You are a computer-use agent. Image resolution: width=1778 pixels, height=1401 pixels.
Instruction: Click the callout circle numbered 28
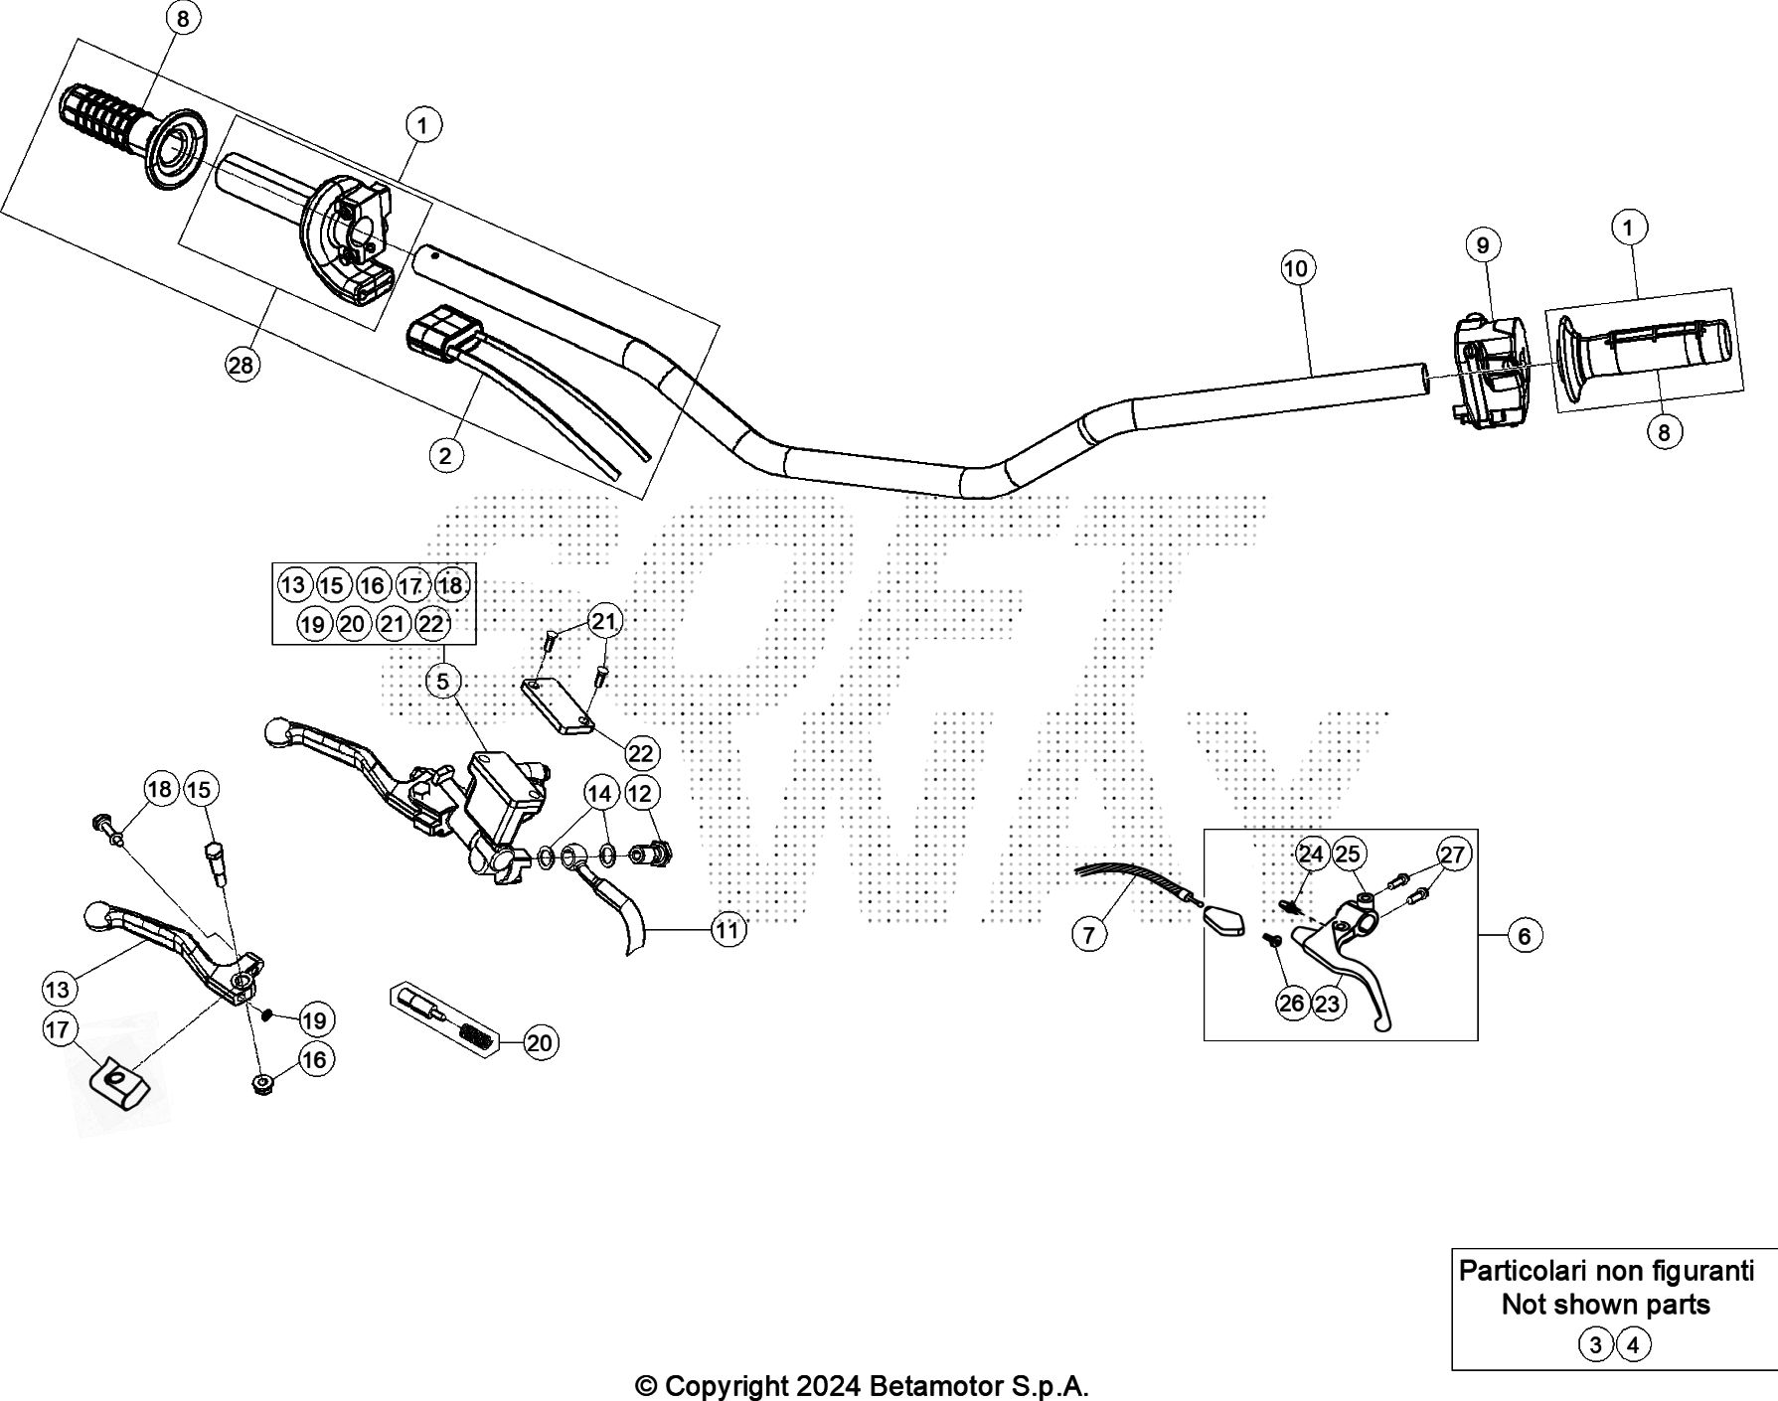pyautogui.click(x=241, y=366)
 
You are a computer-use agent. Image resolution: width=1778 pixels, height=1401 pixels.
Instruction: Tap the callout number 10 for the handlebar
pyautogui.click(x=1296, y=268)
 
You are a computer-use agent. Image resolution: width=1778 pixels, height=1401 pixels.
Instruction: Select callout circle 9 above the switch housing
pyautogui.click(x=1482, y=245)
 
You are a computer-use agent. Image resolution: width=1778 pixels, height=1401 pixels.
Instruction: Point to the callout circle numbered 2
pyautogui.click(x=445, y=455)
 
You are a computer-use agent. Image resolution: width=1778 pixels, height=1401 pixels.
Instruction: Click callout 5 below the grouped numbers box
pyautogui.click(x=442, y=681)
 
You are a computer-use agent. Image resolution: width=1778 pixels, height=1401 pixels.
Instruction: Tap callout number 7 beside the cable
pyautogui.click(x=1089, y=935)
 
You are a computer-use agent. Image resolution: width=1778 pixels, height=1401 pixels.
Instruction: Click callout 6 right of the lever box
pyautogui.click(x=1525, y=935)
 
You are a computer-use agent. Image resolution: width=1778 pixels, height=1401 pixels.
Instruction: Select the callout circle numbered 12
pyautogui.click(x=640, y=793)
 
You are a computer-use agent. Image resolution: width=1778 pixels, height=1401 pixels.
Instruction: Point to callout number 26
pyautogui.click(x=1291, y=1004)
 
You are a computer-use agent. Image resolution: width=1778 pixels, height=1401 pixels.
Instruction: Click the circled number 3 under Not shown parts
pyautogui.click(x=1595, y=1345)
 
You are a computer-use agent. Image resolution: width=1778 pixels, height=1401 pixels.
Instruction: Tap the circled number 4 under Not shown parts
pyautogui.click(x=1633, y=1345)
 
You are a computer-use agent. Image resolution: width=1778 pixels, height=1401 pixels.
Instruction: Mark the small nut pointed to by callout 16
pyautogui.click(x=263, y=1082)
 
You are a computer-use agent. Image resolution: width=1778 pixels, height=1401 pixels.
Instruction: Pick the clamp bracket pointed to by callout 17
pyautogui.click(x=118, y=1081)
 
